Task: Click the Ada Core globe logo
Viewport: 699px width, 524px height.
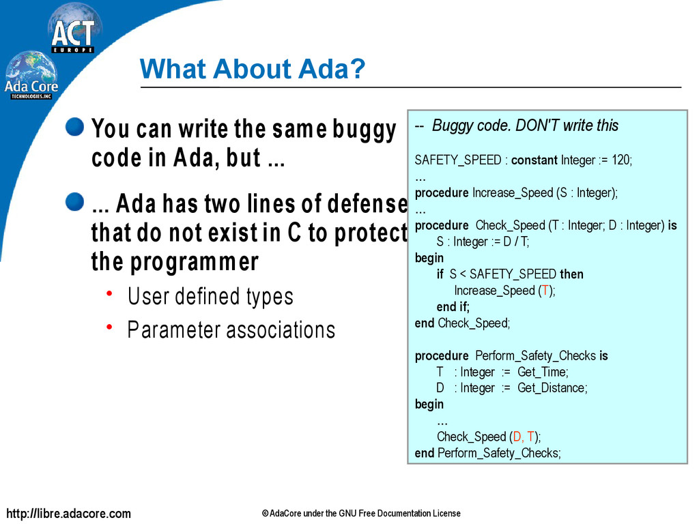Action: coord(31,75)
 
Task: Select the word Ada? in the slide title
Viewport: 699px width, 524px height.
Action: coord(332,69)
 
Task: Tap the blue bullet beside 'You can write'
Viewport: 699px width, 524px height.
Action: coord(74,126)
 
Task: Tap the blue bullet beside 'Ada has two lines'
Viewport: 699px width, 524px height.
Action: coord(74,201)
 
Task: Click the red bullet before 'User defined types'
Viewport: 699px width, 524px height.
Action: coord(109,293)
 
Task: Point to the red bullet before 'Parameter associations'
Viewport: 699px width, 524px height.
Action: coord(109,327)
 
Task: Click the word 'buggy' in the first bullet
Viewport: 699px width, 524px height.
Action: coord(364,130)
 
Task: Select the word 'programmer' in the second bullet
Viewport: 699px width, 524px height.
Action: coord(195,262)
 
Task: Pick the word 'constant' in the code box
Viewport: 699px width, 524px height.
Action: coord(534,160)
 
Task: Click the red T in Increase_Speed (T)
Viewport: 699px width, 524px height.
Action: coord(545,291)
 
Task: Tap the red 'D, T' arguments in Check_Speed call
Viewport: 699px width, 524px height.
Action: coord(524,437)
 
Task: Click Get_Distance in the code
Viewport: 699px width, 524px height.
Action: coord(551,388)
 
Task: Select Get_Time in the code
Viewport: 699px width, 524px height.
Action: coord(541,372)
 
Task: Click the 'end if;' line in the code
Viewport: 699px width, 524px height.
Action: coord(453,306)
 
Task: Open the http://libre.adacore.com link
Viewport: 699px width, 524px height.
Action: coord(69,513)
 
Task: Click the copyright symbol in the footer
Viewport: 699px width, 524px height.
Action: coord(266,514)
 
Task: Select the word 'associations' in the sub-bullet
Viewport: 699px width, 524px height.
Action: coord(281,330)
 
